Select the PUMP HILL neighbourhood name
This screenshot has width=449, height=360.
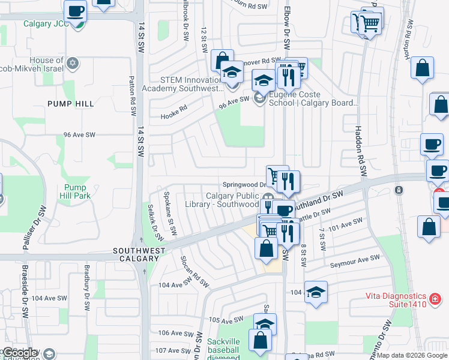pyautogui.click(x=71, y=104)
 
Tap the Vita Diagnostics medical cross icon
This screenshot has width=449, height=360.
pyautogui.click(x=435, y=298)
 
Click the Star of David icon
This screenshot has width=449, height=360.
pyautogui.click(x=73, y=63)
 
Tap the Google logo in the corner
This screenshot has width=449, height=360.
pyautogui.click(x=20, y=353)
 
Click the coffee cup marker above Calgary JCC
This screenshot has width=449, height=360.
pyautogui.click(x=76, y=11)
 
